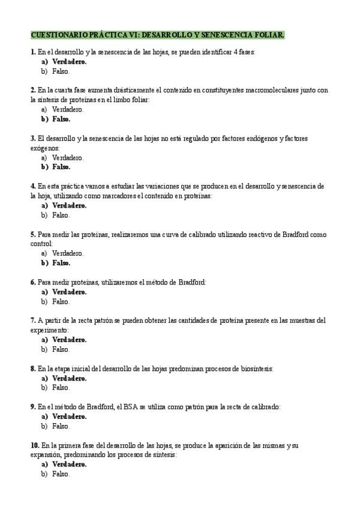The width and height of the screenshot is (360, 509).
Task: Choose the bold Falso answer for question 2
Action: click(61, 119)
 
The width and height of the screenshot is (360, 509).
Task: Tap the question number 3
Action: click(32, 139)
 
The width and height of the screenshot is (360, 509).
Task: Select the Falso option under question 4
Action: click(61, 215)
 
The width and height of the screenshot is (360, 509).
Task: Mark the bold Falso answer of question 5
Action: click(61, 263)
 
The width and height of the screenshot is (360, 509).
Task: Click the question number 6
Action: click(32, 282)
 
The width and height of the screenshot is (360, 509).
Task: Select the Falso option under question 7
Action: click(61, 349)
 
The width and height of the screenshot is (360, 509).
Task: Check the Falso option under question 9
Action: click(61, 426)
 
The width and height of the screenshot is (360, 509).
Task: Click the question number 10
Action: click(34, 445)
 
